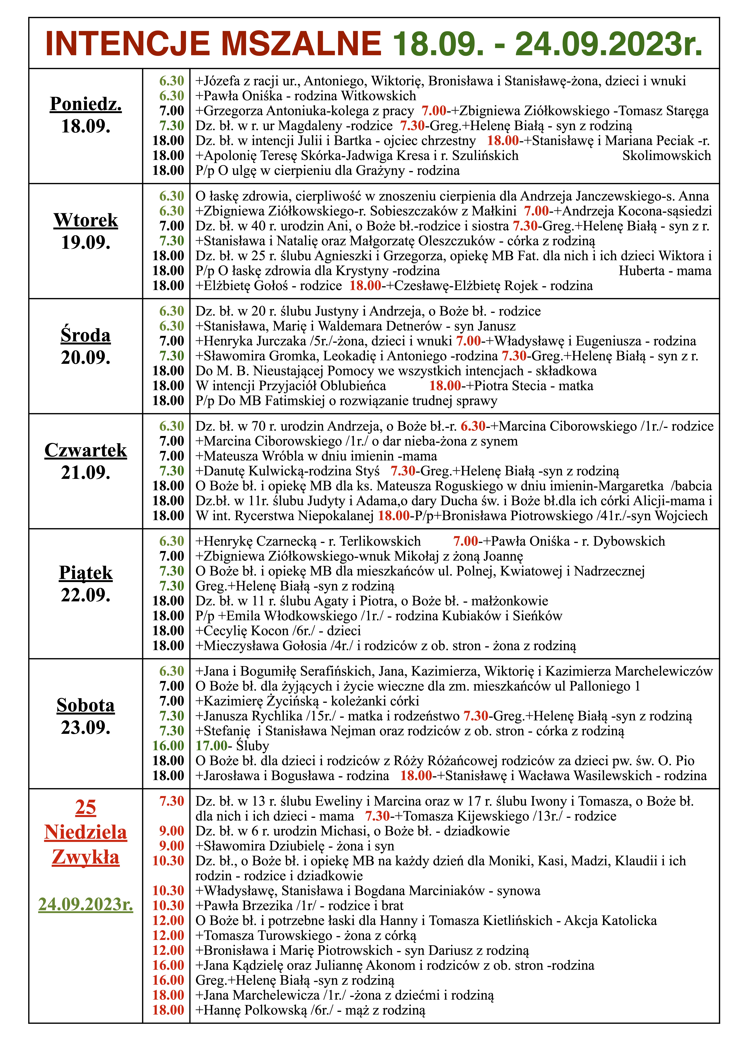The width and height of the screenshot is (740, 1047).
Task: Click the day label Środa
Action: point(86,336)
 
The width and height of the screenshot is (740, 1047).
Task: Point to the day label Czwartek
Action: point(86,450)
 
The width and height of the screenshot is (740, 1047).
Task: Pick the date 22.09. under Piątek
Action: point(86,595)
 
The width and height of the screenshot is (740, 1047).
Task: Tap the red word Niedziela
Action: point(86,832)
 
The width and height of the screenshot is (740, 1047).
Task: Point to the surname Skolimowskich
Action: point(667,155)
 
